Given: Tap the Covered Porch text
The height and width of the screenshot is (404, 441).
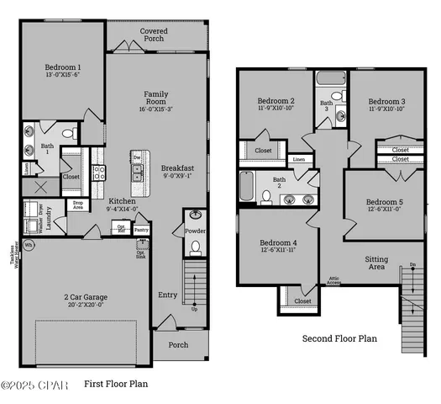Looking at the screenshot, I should pos(153,36).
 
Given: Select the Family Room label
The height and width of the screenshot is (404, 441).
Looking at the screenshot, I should pos(155,99).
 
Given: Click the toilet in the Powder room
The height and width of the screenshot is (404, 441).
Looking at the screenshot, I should pos(195,247).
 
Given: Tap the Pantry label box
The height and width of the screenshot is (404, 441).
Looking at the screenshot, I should pos(141,229).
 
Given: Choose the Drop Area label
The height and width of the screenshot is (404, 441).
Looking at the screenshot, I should pos(78,205).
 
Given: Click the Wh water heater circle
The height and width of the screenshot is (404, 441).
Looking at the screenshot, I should pos(29,246).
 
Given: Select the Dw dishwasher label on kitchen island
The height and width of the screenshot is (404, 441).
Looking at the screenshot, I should pos(135,157).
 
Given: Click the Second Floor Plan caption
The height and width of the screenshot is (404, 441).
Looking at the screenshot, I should pos(339,339).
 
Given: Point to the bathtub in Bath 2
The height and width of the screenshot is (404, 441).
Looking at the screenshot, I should pos(246,186).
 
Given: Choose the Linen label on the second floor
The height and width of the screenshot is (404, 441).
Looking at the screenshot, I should pos(299,159).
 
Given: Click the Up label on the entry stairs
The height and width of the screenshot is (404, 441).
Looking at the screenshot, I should pos(196,309).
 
